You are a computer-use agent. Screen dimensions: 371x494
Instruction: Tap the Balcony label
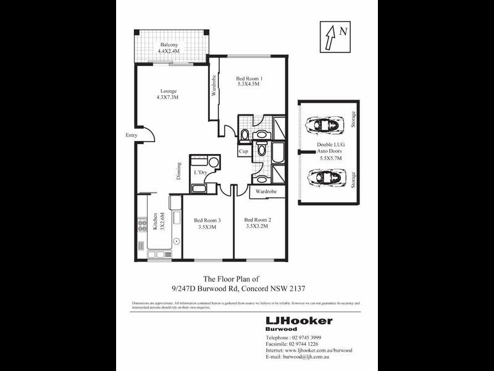169,45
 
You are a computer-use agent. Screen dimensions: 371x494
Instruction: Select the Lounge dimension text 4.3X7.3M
168,98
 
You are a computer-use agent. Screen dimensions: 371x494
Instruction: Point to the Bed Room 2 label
257,220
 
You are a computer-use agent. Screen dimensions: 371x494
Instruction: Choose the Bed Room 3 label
207,220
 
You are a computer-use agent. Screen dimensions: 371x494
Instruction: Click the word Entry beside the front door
132,135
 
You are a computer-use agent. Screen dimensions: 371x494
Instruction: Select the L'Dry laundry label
200,173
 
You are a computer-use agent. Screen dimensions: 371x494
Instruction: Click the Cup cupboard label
244,151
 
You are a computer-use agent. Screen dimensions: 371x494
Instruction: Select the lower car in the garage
325,178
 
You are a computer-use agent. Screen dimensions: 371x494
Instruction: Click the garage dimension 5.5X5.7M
325,158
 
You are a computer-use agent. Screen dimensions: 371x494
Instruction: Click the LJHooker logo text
298,320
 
